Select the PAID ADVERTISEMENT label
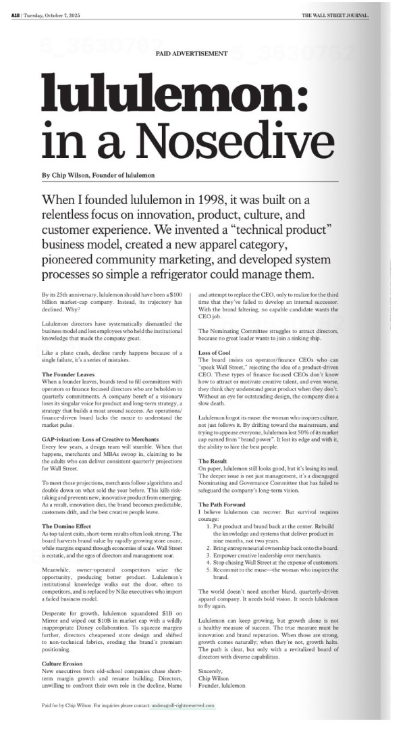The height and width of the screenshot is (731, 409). pos(191,53)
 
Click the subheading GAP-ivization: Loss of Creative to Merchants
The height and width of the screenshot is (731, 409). pos(103,439)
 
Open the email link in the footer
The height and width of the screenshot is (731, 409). pos(182,705)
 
